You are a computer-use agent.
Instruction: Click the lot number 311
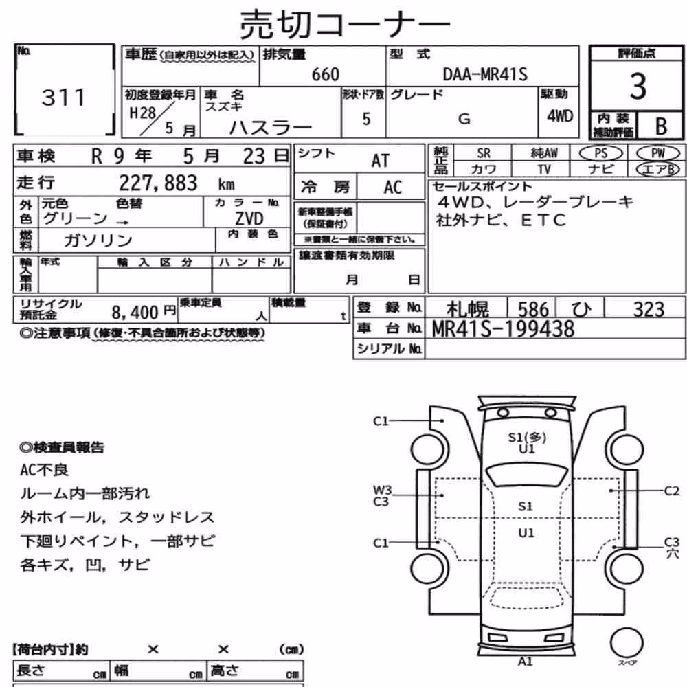(x=63, y=98)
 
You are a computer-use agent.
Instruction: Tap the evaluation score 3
(x=638, y=86)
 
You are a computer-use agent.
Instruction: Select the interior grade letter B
(x=661, y=126)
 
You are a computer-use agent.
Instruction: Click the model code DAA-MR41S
(x=485, y=74)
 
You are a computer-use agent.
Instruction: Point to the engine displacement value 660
(x=326, y=74)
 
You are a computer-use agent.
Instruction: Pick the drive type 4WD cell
(x=560, y=116)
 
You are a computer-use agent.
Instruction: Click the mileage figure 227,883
(x=158, y=183)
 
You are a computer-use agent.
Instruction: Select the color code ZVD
(x=249, y=218)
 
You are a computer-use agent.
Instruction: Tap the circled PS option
(x=600, y=153)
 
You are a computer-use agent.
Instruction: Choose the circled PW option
(x=658, y=153)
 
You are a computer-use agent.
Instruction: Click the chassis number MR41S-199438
(x=503, y=329)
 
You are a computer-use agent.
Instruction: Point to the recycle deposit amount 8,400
(x=135, y=313)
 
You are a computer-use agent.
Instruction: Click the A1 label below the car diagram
(x=525, y=662)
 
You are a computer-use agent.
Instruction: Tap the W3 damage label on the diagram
(x=382, y=490)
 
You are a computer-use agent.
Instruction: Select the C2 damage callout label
(x=672, y=491)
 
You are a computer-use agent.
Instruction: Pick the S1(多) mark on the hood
(x=527, y=437)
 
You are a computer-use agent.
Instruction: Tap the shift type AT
(x=381, y=161)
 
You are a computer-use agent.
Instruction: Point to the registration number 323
(x=649, y=310)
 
